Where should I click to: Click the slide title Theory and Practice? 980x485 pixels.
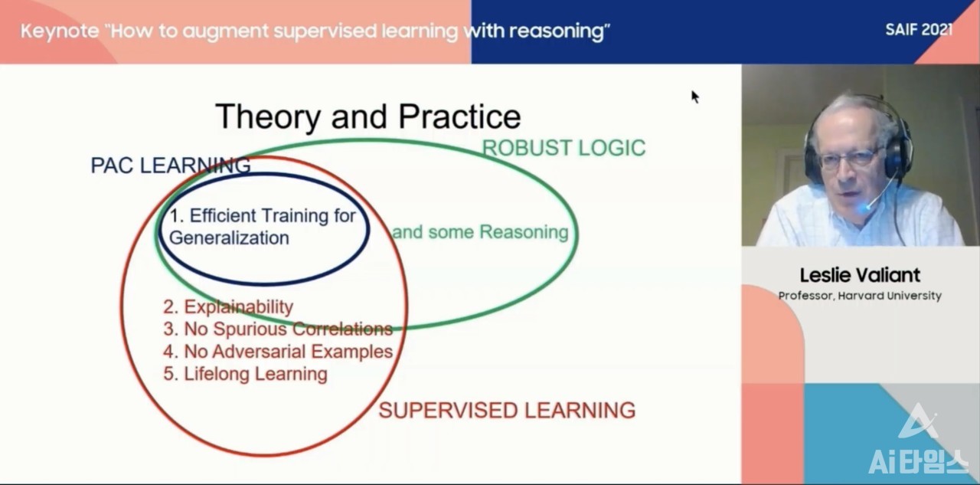pos(368,117)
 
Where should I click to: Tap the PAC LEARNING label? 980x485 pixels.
pos(171,165)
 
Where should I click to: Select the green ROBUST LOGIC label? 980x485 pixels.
pos(563,148)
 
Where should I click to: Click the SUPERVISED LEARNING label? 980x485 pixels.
pos(507,410)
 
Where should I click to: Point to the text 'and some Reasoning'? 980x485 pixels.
pos(480,232)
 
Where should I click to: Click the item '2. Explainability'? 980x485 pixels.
pos(228,306)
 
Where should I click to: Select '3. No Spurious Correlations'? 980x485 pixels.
pos(278,329)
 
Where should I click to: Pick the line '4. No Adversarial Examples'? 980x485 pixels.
pos(278,351)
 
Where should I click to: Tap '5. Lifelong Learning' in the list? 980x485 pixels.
pos(245,374)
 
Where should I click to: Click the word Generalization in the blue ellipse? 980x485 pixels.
pos(229,238)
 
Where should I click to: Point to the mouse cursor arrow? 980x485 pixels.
pos(694,97)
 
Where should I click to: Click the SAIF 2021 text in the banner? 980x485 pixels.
pos(919,30)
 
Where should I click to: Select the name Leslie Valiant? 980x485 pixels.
pos(860,275)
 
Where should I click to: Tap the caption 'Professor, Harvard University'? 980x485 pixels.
pos(860,296)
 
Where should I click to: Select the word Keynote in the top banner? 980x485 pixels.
pos(60,31)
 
